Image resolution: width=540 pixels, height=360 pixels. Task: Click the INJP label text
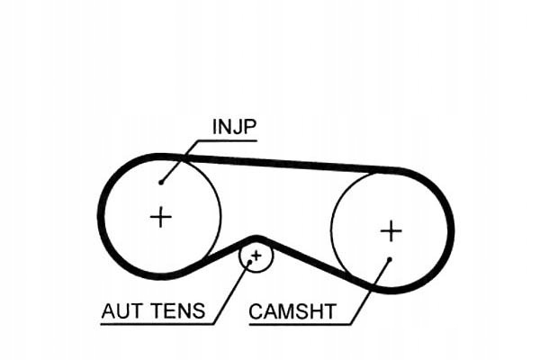click(x=235, y=127)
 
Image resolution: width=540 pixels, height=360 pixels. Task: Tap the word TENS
click(x=179, y=310)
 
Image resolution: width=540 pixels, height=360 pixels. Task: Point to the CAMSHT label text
click(x=292, y=311)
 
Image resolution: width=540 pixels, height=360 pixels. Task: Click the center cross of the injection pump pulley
click(x=161, y=217)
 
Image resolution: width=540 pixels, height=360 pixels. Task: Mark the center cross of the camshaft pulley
click(x=391, y=230)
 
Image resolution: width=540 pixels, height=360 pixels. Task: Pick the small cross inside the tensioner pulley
click(x=256, y=256)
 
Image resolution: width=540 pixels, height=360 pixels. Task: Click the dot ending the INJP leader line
click(x=161, y=182)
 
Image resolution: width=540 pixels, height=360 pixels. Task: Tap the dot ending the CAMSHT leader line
click(x=390, y=258)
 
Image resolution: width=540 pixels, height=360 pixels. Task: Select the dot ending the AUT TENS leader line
click(x=250, y=262)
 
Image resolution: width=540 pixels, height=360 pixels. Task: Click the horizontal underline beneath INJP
click(x=227, y=140)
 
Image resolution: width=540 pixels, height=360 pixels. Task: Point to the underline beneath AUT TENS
click(x=157, y=324)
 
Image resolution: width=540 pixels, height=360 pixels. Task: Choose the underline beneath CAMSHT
click(x=300, y=324)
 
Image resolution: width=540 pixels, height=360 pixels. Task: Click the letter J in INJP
click(x=234, y=127)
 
